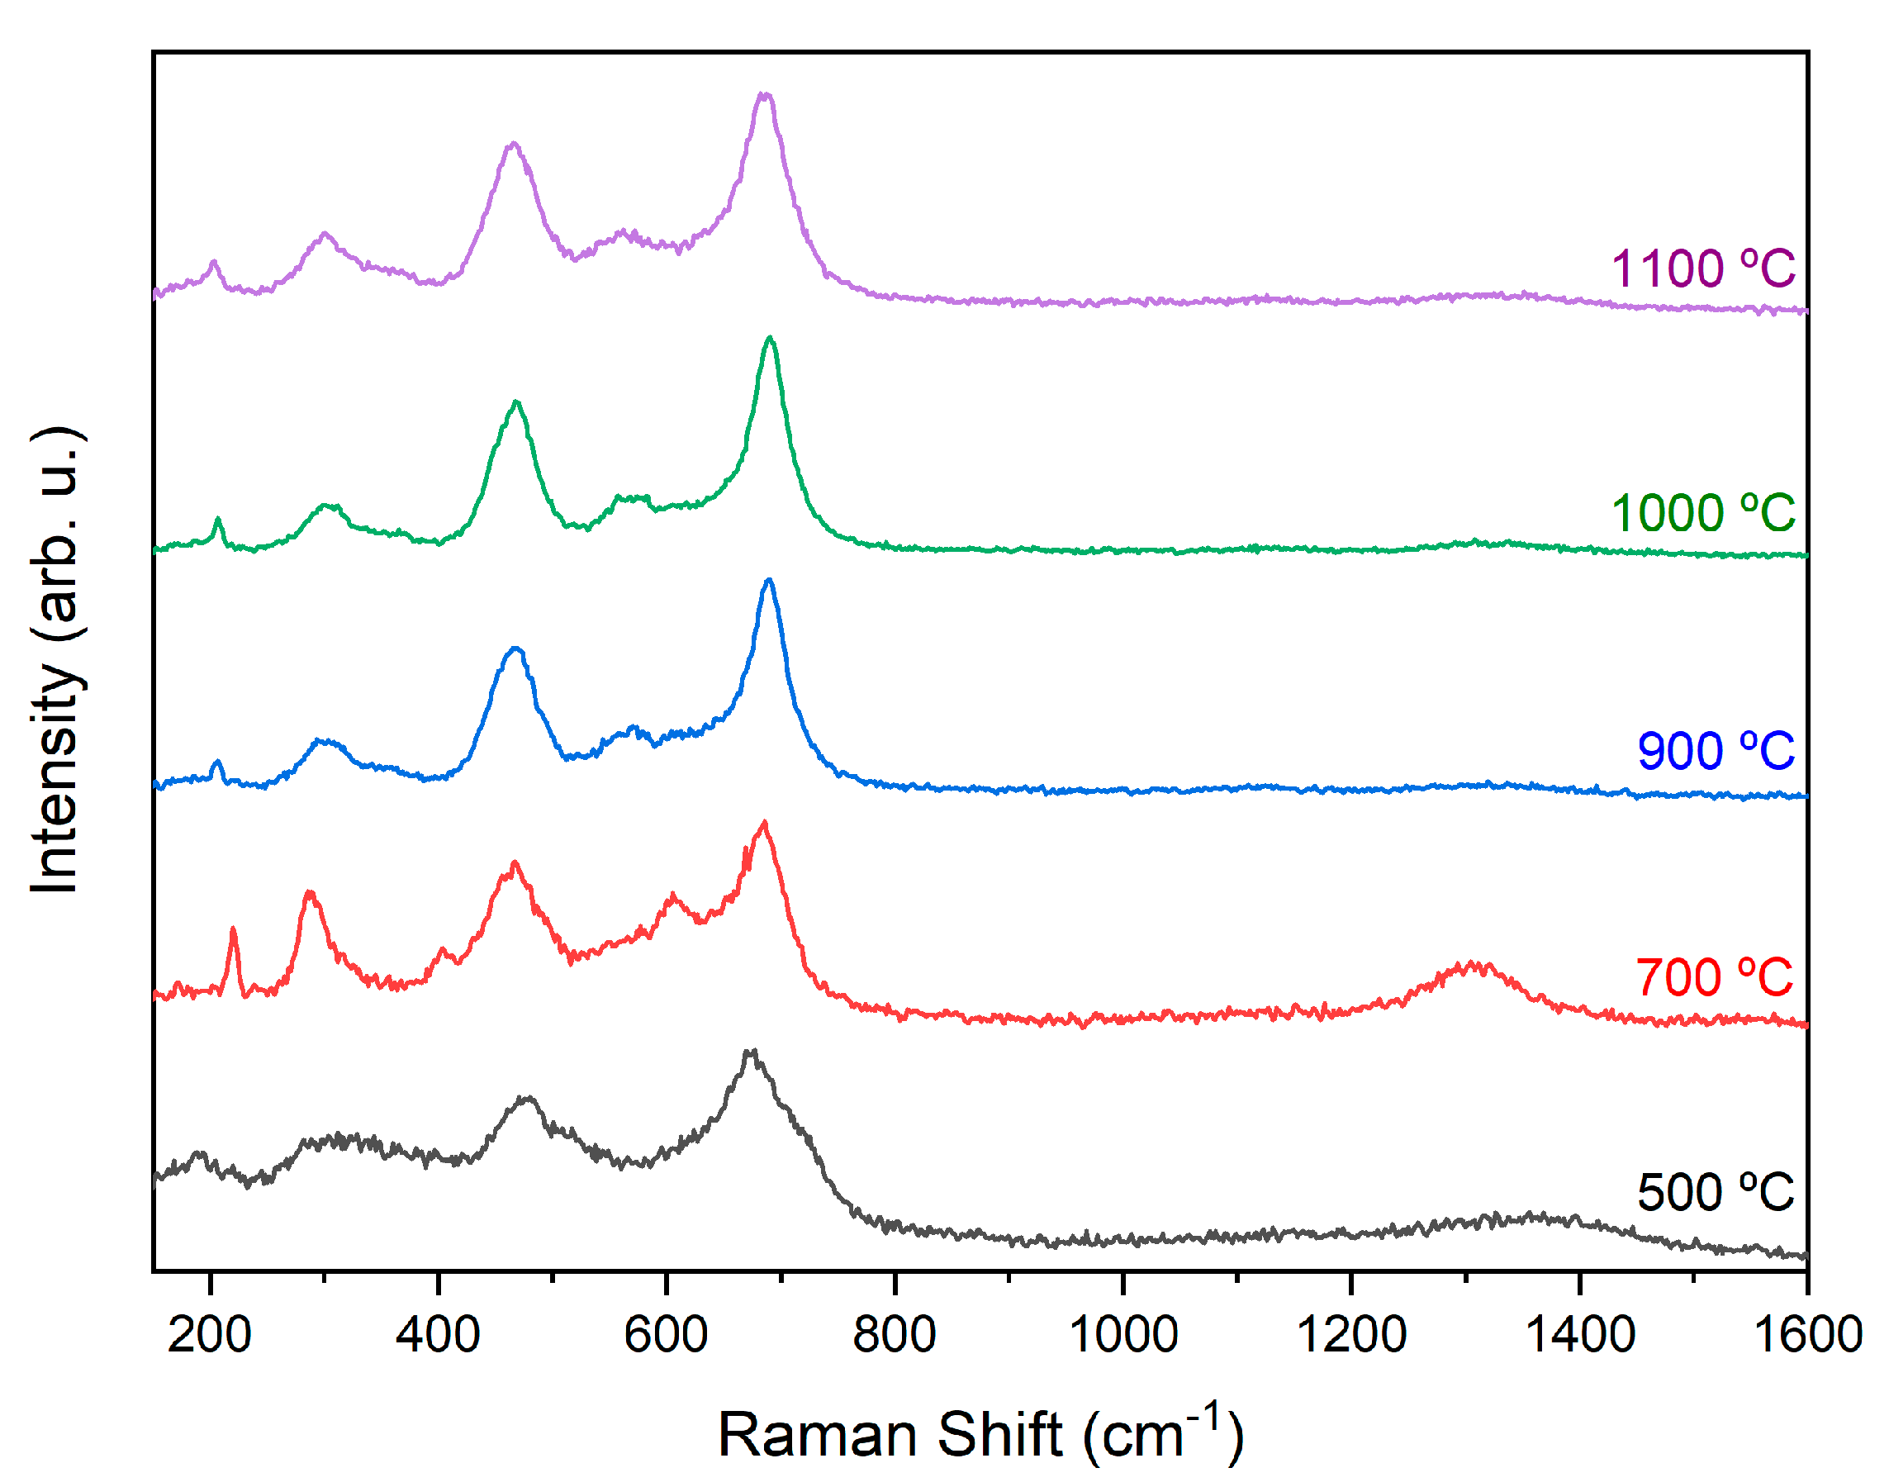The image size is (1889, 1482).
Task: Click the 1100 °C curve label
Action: (1702, 268)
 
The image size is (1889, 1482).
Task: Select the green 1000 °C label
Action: (1702, 513)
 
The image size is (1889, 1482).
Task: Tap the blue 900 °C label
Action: (1715, 751)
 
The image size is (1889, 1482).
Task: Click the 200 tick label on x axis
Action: (209, 1333)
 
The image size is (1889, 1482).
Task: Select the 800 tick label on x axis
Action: (894, 1333)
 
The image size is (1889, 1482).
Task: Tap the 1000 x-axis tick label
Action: (1122, 1333)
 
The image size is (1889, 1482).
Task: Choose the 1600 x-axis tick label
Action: (1807, 1333)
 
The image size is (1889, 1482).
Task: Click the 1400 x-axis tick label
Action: (1579, 1333)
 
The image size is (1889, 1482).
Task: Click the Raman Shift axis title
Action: (980, 1434)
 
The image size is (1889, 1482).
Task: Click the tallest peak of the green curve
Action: (769, 339)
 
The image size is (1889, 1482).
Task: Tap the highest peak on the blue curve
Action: (768, 582)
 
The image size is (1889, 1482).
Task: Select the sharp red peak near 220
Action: (232, 930)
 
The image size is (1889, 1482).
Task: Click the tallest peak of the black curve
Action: (751, 1052)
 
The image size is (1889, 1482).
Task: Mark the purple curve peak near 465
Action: (514, 144)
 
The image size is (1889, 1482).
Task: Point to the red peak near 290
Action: (310, 893)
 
